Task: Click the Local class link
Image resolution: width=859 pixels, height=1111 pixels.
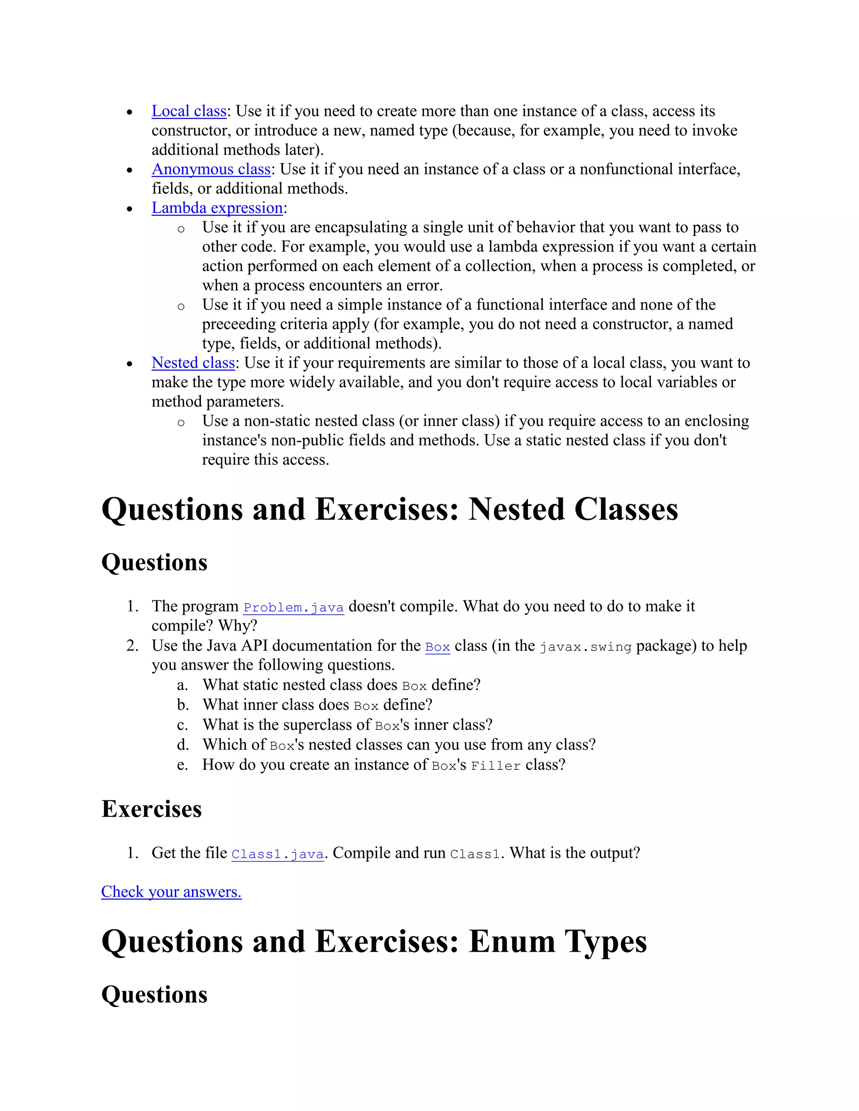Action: [189, 111]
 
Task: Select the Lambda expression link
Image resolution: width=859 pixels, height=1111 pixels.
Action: [217, 208]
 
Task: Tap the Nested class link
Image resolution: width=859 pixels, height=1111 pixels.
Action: [193, 363]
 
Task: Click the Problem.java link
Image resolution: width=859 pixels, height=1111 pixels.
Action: [294, 607]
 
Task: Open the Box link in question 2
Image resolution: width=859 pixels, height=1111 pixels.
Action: [437, 647]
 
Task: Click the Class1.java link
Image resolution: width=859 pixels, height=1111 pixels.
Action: [277, 854]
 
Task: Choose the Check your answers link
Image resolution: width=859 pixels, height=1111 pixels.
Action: [171, 892]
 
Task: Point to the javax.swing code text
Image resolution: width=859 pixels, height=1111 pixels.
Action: [585, 647]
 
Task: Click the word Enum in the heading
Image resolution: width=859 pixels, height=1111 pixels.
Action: [511, 942]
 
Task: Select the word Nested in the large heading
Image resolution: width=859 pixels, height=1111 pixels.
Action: [516, 509]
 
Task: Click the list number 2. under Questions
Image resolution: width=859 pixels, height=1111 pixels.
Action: [132, 646]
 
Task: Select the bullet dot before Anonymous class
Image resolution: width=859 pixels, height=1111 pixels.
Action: [130, 170]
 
